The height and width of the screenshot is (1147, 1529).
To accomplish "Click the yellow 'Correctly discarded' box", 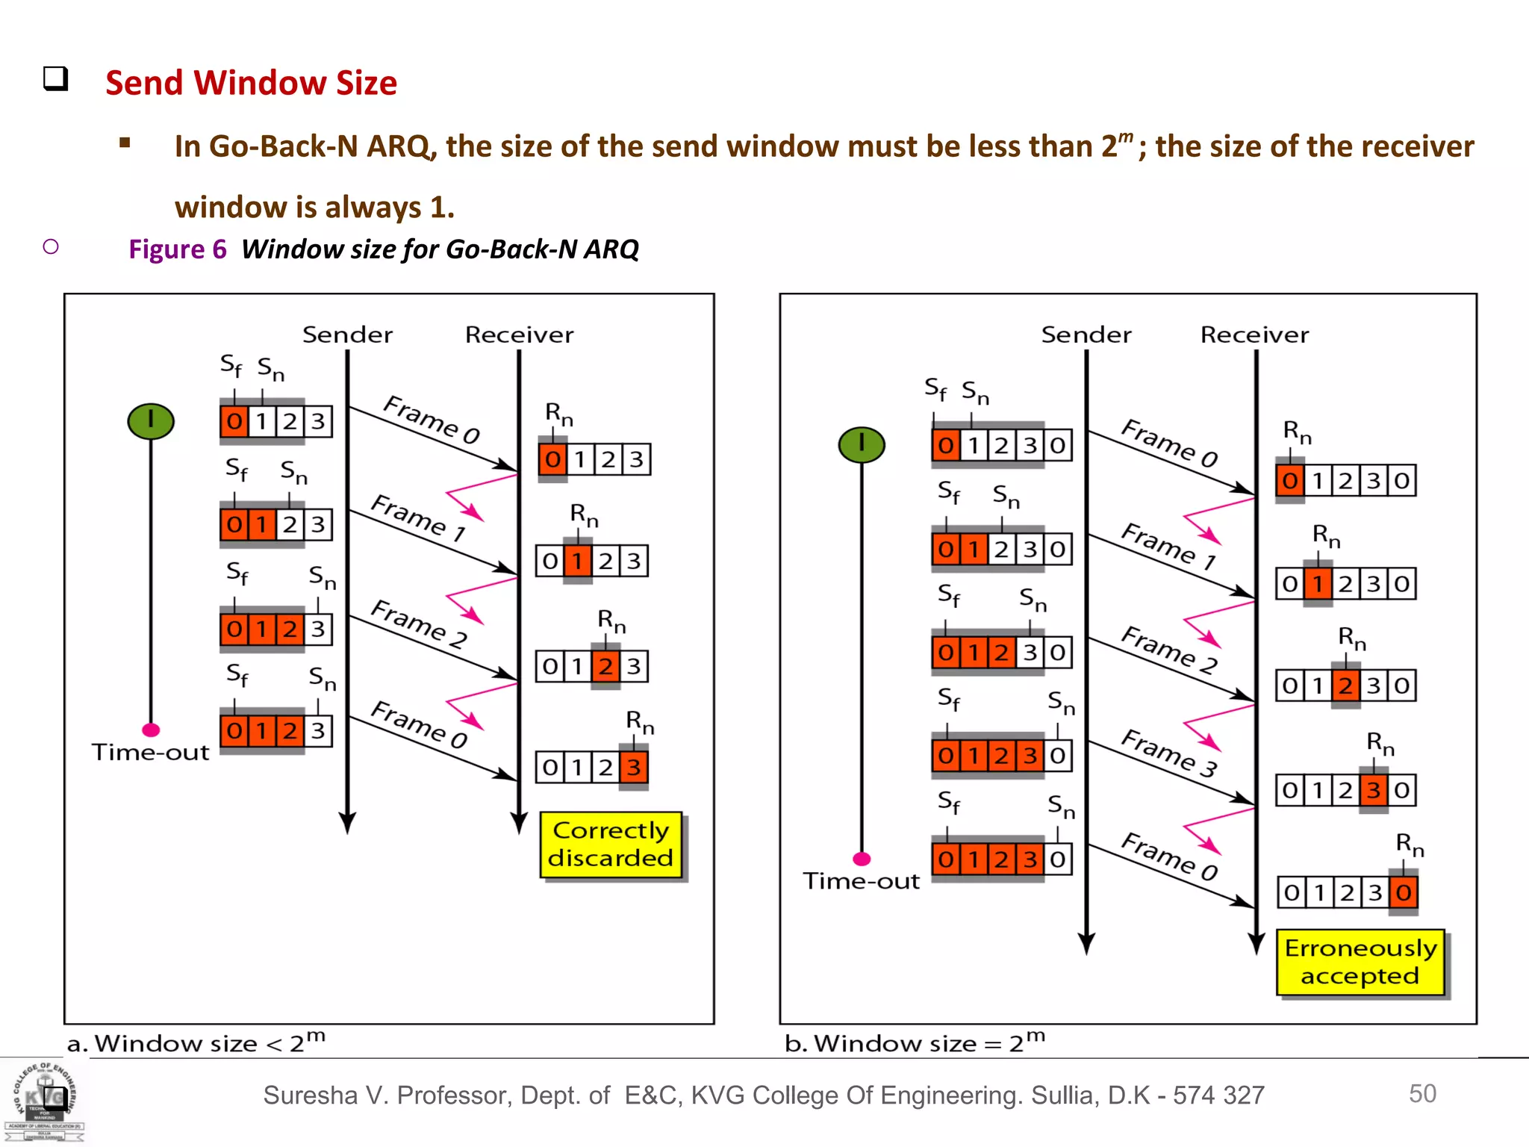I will (611, 845).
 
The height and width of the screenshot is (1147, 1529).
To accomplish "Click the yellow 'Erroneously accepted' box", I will (1360, 962).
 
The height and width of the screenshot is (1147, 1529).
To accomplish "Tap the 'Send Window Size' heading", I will (251, 83).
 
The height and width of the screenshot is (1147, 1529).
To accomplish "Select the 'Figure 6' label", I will (177, 249).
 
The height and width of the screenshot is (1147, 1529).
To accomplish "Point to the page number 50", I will (1422, 1093).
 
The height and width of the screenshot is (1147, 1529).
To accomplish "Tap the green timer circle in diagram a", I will (151, 420).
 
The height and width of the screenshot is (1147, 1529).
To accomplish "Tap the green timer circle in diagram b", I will (862, 444).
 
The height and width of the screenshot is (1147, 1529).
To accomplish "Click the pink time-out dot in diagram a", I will (151, 730).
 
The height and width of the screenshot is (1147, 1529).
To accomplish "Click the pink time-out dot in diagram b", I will (862, 859).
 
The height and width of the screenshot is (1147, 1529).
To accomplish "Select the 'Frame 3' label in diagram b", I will (1169, 753).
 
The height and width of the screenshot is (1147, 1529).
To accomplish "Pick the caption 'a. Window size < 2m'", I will (196, 1042).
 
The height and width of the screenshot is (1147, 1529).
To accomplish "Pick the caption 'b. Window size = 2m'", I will (915, 1042).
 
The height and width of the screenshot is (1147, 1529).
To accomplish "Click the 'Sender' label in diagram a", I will (347, 335).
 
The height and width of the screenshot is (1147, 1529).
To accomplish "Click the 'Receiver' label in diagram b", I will (1254, 335).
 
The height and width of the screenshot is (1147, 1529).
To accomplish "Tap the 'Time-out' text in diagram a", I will (150, 752).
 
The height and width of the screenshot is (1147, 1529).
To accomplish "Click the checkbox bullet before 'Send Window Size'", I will (55, 78).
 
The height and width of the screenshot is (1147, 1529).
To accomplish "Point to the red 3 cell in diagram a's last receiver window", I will (633, 767).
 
